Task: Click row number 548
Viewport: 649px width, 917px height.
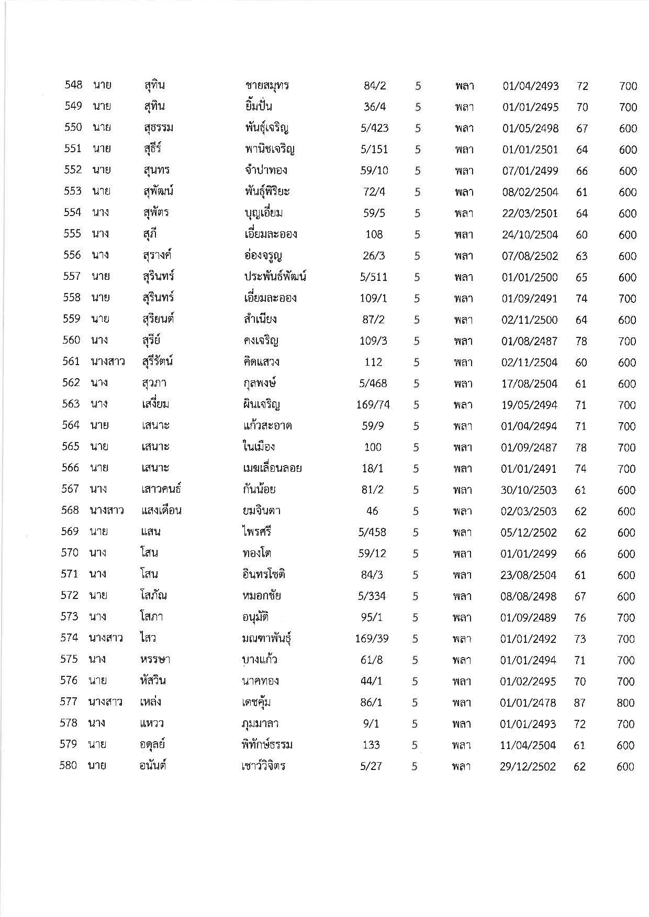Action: (73, 85)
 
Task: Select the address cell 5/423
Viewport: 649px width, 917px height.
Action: (375, 128)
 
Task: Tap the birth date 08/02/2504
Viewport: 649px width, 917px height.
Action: (530, 193)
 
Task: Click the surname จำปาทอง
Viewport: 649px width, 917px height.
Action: (266, 171)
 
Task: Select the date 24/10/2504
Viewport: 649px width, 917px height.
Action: (530, 235)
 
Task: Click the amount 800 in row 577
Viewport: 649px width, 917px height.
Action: (625, 703)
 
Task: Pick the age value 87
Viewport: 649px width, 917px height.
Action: (579, 703)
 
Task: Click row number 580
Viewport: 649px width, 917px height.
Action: (68, 766)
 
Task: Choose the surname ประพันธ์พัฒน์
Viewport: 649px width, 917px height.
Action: (275, 277)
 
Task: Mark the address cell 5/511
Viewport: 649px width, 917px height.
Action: (374, 277)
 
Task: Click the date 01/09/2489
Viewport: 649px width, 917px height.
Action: (528, 618)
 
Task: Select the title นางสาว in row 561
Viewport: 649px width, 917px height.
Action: (107, 362)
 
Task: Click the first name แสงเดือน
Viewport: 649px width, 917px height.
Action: (161, 511)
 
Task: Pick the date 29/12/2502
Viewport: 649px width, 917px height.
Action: (528, 767)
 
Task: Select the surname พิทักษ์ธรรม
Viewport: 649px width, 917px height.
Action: (264, 745)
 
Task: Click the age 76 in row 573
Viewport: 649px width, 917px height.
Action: (580, 618)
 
